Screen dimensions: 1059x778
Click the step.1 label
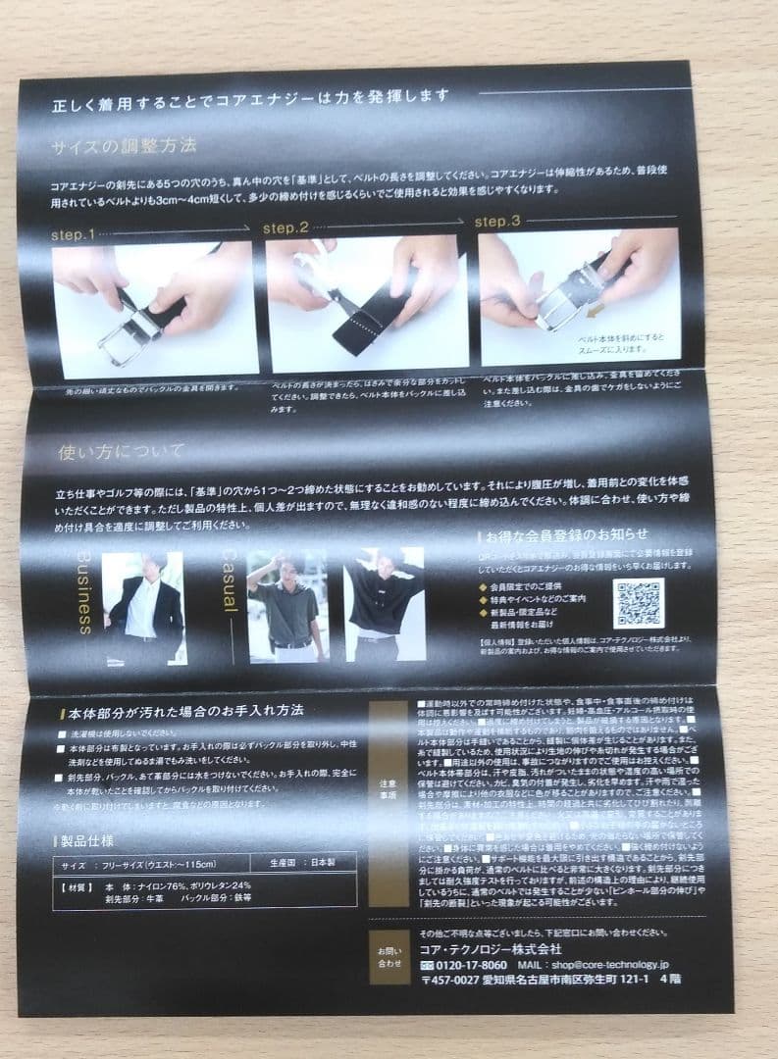pos(73,235)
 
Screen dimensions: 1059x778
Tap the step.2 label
pos(285,228)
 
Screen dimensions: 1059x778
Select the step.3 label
pos(497,222)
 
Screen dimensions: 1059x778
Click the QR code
pos(639,603)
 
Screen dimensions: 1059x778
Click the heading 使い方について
pos(121,452)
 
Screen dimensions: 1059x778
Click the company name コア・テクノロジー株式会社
pos(491,948)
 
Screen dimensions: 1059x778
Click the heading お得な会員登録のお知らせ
pos(566,535)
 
